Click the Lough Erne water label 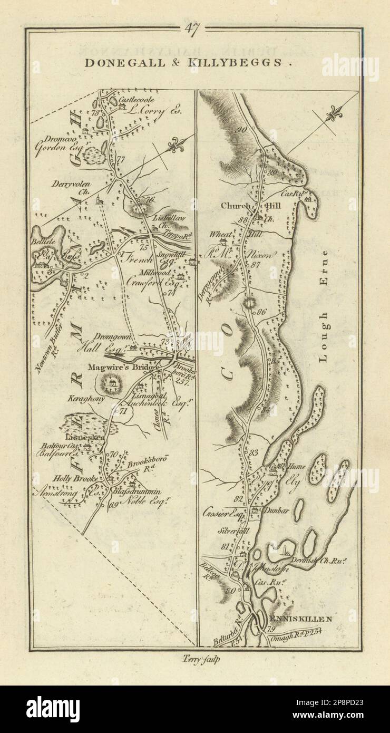(x=323, y=305)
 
